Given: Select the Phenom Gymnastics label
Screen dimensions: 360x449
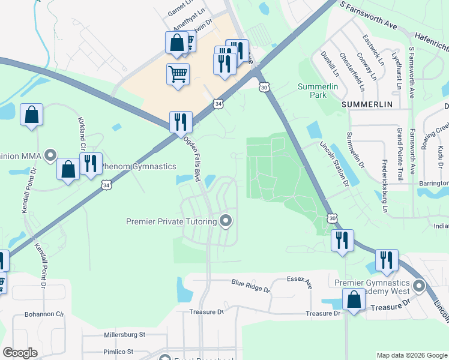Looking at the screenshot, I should (138, 166).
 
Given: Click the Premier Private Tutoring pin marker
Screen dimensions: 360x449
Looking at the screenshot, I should (226, 221).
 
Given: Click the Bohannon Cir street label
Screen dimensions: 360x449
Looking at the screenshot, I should (44, 314).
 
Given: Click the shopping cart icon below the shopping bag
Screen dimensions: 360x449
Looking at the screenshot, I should (178, 75).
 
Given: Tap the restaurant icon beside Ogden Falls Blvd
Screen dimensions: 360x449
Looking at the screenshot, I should (180, 122).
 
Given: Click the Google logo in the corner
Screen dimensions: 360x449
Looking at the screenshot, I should (20, 353).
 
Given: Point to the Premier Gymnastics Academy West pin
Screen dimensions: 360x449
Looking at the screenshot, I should (418, 286).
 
